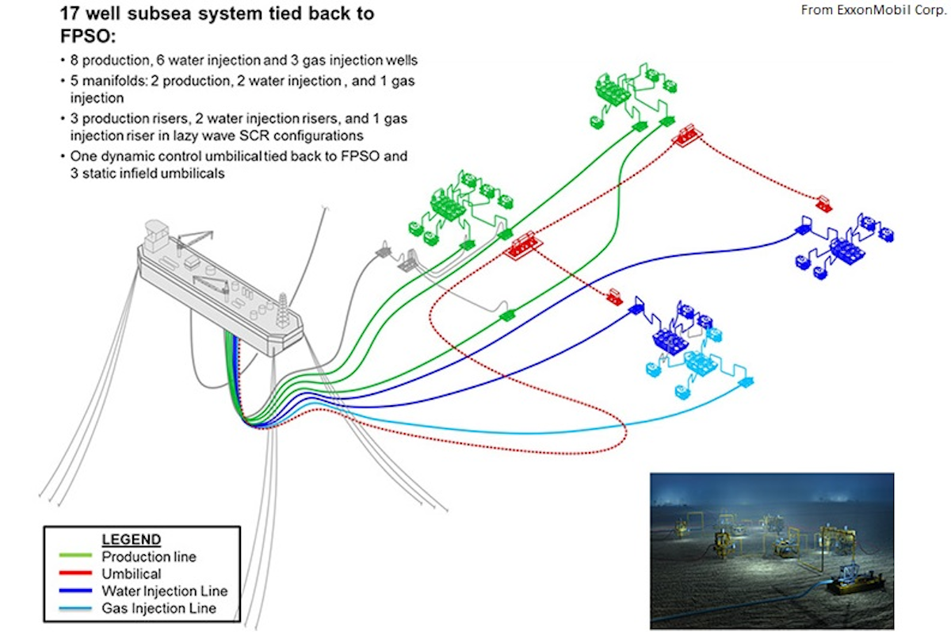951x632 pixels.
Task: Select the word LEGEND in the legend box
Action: tap(132, 539)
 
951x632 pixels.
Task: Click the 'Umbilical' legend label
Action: tap(131, 573)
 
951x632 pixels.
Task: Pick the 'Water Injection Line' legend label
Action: tap(164, 591)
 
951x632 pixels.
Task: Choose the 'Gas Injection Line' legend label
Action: tap(158, 608)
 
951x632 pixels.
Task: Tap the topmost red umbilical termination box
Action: tap(687, 134)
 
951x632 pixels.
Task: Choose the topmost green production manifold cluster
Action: tap(630, 94)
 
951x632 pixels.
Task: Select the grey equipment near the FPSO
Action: tap(400, 259)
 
